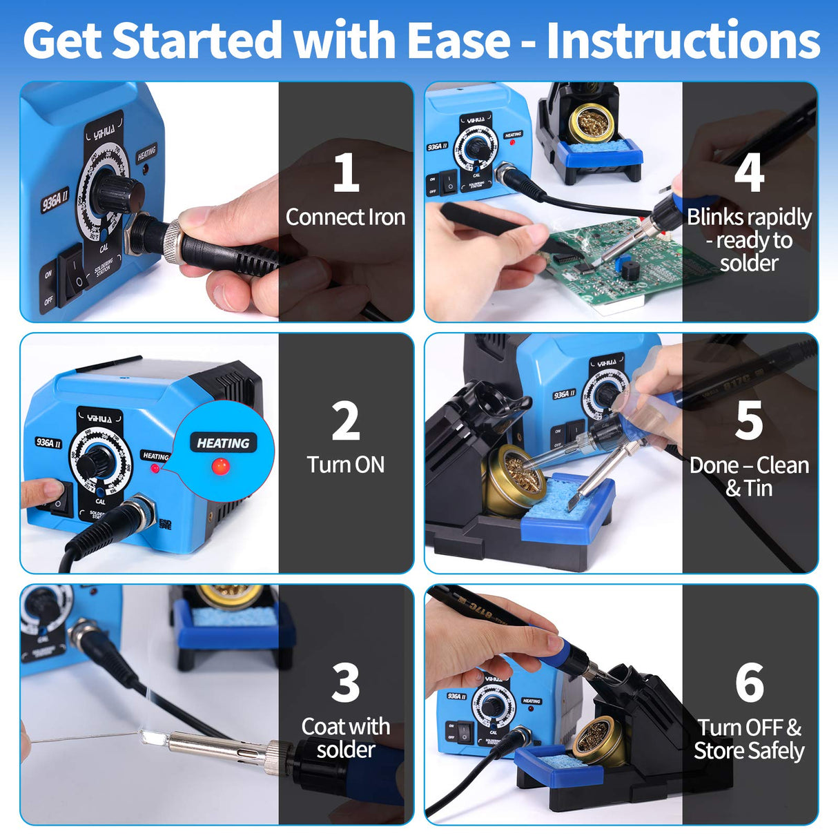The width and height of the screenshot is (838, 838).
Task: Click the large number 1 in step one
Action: (345, 173)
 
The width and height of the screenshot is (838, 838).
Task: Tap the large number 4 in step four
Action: (749, 173)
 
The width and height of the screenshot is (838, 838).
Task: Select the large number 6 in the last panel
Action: (749, 683)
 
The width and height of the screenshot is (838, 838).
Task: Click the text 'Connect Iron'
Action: (345, 217)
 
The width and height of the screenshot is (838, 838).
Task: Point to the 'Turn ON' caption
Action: (345, 465)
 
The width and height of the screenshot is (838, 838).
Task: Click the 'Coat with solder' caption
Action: (345, 738)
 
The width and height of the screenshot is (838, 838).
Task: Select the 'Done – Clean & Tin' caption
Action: (749, 476)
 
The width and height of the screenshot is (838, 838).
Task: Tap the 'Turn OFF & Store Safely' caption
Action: (749, 739)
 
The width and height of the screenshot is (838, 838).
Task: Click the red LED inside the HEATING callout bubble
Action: (220, 466)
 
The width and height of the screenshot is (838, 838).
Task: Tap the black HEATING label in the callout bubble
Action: (223, 443)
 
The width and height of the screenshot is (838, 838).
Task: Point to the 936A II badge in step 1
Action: (55, 200)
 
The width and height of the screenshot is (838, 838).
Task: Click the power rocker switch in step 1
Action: (73, 274)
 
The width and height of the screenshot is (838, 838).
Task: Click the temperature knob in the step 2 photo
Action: (97, 460)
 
